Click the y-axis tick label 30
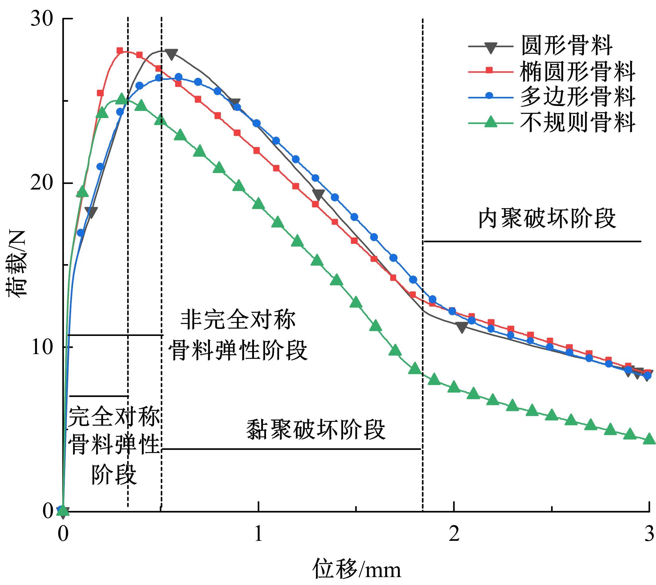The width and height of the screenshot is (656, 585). (x=42, y=19)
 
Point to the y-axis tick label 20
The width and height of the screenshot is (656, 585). (x=42, y=183)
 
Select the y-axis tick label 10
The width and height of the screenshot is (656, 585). (x=42, y=347)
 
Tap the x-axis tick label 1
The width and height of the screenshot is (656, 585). (x=258, y=534)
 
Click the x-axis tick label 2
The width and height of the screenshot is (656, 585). (x=454, y=534)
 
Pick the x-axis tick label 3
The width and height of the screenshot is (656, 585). (x=649, y=534)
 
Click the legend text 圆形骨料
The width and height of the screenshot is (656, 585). (x=567, y=46)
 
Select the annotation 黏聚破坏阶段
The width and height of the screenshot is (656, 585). (x=316, y=429)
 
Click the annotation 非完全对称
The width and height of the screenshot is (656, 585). (x=238, y=320)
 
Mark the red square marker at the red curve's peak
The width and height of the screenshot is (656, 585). (x=120, y=51)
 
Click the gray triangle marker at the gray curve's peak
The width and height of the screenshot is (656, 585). (x=171, y=54)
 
